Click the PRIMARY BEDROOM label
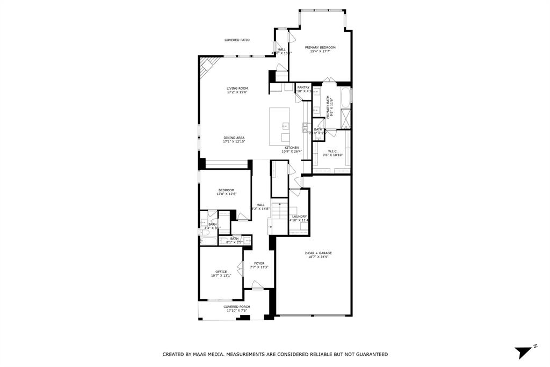pos(320,47)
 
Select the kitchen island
pos(279,126)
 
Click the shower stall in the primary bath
pos(345,117)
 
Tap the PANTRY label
pos(303,87)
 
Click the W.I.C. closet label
pos(332,151)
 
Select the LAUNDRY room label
pos(299,217)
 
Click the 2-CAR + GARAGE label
pos(318,253)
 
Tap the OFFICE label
pos(221,272)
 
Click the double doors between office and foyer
pos(243,269)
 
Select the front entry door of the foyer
pos(257,290)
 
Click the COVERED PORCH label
pos(237,307)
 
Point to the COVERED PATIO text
pos(237,40)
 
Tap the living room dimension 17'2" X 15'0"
pos(237,92)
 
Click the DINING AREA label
pos(234,138)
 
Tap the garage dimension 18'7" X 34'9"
pos(318,257)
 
